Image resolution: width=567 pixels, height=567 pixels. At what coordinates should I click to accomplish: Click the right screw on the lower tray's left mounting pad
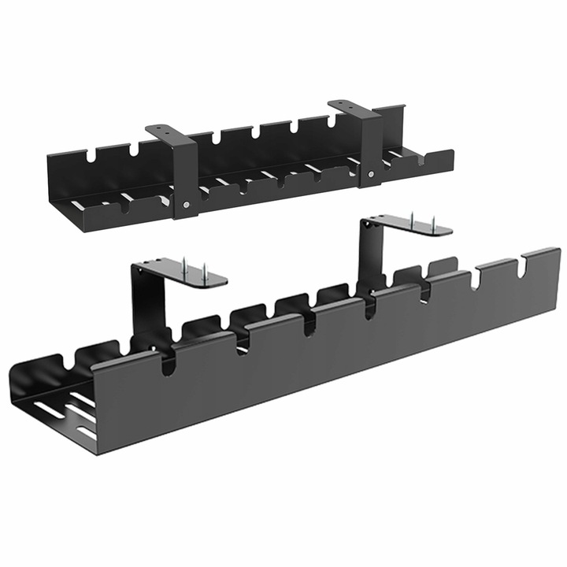coord(204,272)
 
